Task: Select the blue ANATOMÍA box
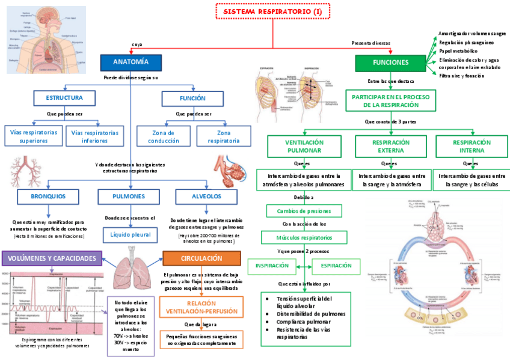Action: [131, 62]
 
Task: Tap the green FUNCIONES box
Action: [390, 63]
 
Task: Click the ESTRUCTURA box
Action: [64, 98]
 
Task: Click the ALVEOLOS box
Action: [207, 197]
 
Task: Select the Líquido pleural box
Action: [130, 234]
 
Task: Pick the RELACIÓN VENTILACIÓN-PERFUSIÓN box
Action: [201, 308]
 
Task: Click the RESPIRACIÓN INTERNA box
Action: [472, 146]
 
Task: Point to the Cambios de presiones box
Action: [304, 211]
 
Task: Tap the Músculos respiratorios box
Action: [304, 238]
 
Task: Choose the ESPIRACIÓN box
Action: [336, 266]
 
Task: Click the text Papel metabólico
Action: [458, 51]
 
